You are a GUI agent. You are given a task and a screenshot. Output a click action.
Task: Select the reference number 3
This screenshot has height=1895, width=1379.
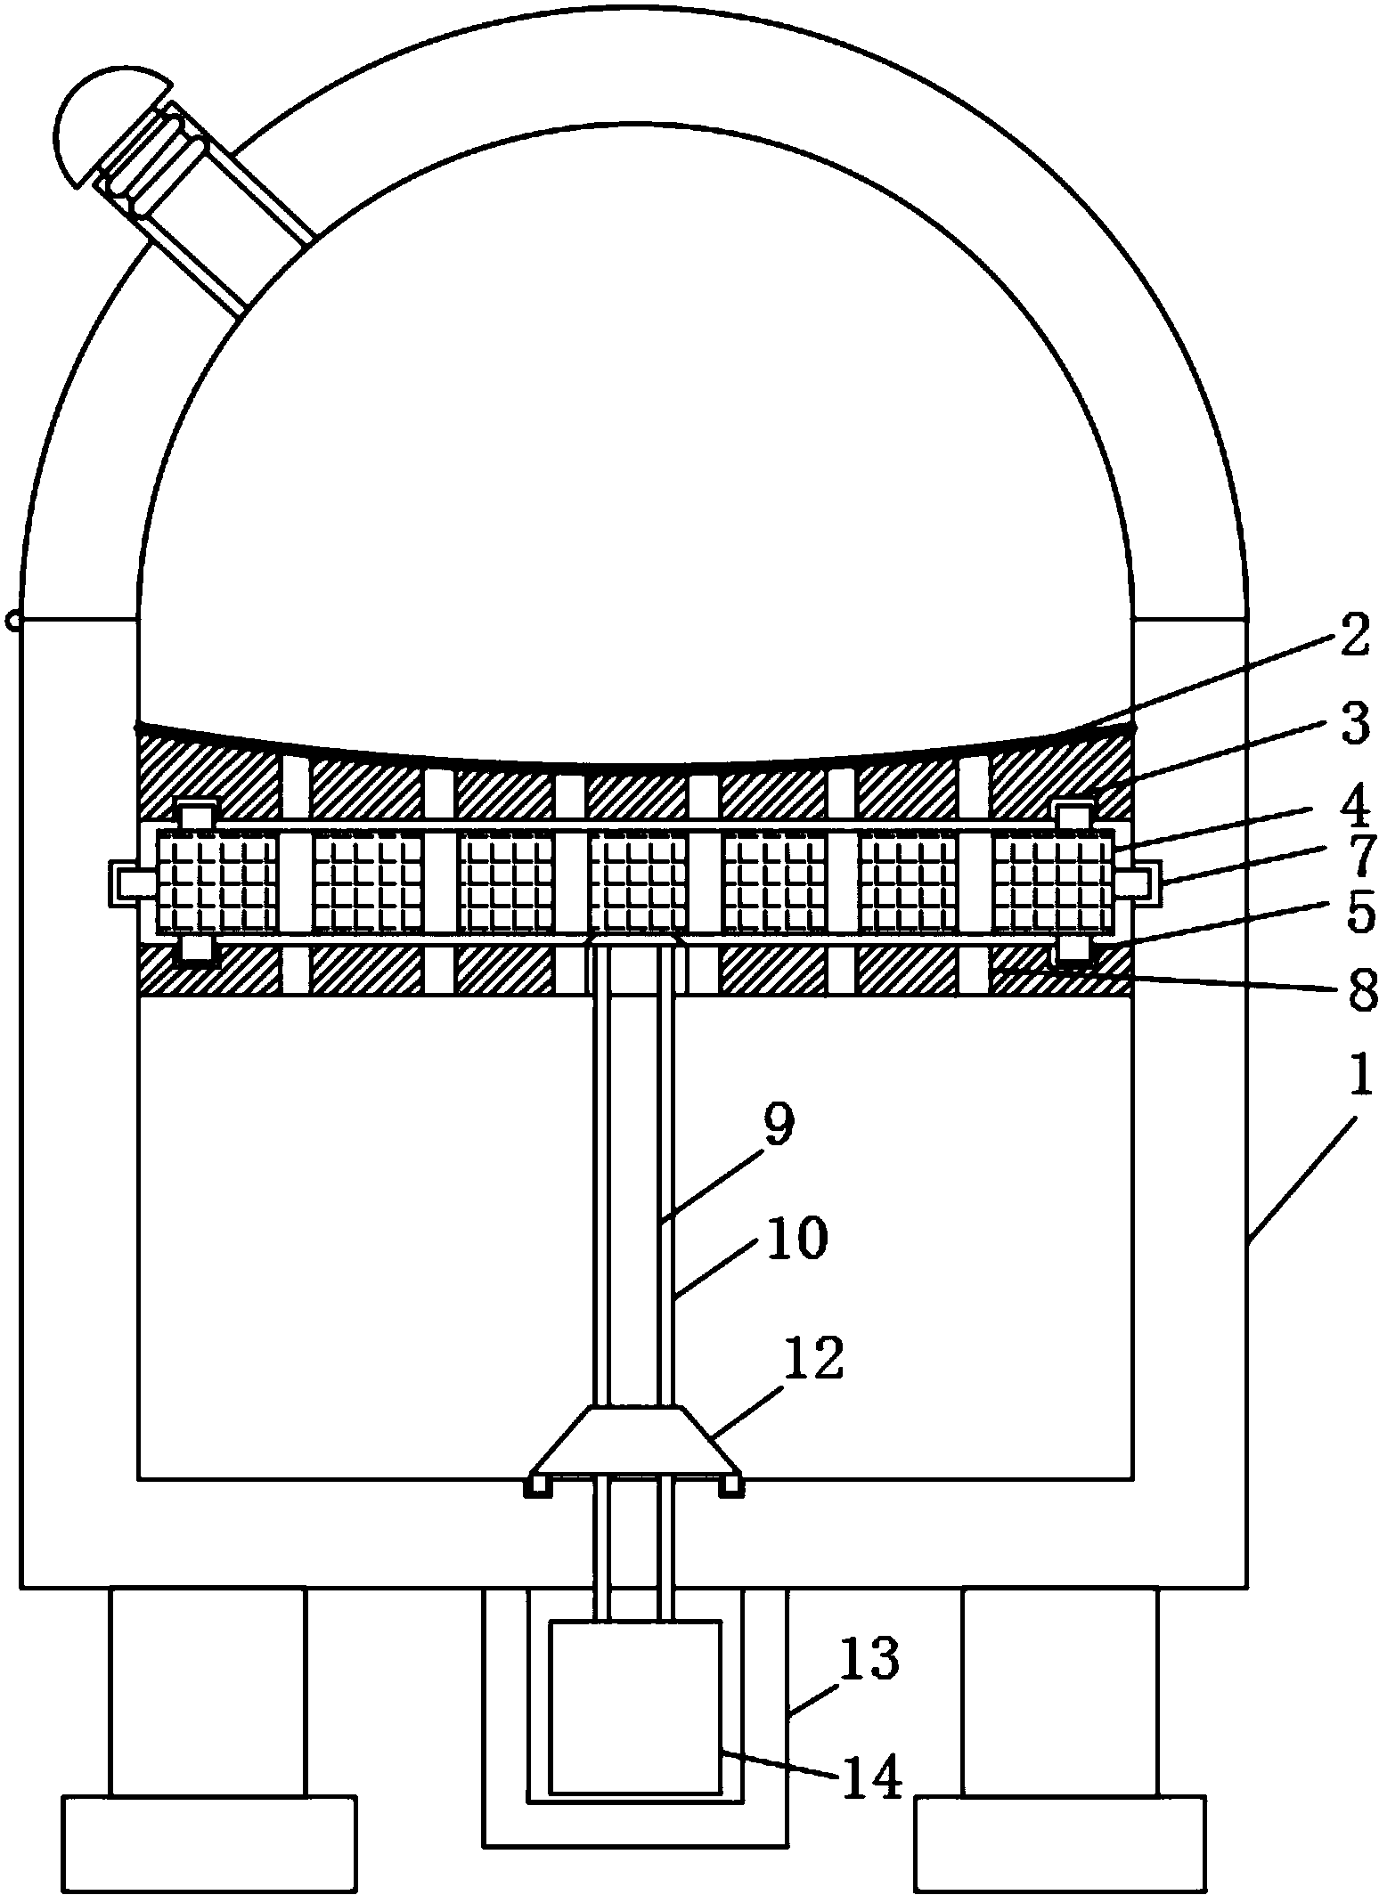(x=1354, y=726)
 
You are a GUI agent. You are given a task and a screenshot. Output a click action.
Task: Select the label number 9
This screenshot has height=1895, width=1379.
(x=777, y=1127)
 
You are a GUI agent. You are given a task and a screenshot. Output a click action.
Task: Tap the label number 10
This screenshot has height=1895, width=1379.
(x=797, y=1239)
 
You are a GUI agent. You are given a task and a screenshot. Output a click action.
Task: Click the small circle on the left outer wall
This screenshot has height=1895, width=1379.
(x=12, y=619)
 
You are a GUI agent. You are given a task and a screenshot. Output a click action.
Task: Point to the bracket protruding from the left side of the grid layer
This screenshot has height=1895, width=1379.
(x=130, y=882)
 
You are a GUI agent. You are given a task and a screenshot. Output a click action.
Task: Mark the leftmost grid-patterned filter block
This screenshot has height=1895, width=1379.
(x=217, y=882)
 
